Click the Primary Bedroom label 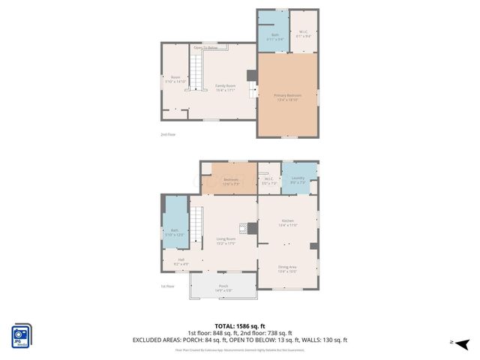click(287, 97)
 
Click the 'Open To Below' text click(205, 48)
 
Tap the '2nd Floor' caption click(167, 134)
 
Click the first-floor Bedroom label click(231, 180)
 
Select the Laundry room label click(298, 180)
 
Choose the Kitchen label click(288, 223)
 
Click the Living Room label click(226, 241)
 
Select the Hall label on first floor click(181, 262)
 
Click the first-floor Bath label click(174, 232)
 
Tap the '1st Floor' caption click(167, 286)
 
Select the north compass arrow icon click(462, 344)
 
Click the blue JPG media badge click(21, 336)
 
